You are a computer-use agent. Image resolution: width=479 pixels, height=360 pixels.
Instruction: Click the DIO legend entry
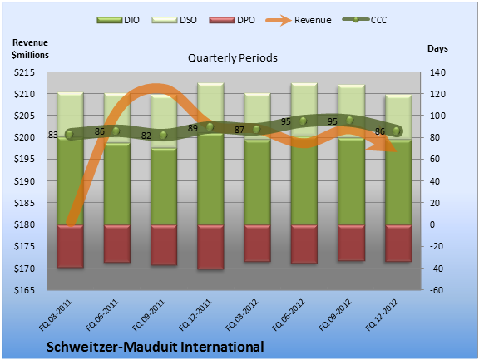(118, 20)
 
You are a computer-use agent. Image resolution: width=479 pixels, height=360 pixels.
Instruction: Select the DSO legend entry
(174, 20)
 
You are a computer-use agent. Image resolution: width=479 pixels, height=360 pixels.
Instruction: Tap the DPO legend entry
(232, 20)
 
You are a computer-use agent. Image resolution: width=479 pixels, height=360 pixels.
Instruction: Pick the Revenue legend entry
(299, 20)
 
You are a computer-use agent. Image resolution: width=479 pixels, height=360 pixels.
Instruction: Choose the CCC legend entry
(365, 20)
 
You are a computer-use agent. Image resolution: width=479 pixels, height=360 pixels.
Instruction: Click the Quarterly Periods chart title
(233, 57)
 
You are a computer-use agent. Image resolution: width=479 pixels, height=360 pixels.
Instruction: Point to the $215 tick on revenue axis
(24, 72)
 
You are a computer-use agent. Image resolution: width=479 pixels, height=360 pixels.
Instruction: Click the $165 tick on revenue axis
(24, 290)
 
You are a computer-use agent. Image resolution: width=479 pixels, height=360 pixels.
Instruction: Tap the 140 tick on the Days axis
(437, 72)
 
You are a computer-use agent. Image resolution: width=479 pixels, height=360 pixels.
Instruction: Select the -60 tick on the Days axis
(437, 290)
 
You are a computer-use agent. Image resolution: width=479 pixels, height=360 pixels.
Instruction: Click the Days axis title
(437, 48)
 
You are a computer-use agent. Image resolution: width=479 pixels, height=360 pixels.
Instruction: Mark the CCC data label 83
(53, 135)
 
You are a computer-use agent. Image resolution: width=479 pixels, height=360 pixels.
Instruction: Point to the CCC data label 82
(146, 136)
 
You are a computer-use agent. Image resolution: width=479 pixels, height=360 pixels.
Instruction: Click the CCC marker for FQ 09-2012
(350, 121)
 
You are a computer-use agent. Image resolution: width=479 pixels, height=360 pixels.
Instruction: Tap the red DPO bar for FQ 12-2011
(210, 247)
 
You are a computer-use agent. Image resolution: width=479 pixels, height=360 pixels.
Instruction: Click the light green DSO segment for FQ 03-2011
(70, 115)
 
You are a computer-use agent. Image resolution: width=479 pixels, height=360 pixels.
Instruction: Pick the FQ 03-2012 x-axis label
(242, 315)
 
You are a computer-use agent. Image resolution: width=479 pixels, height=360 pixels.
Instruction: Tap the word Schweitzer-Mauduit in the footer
(111, 347)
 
